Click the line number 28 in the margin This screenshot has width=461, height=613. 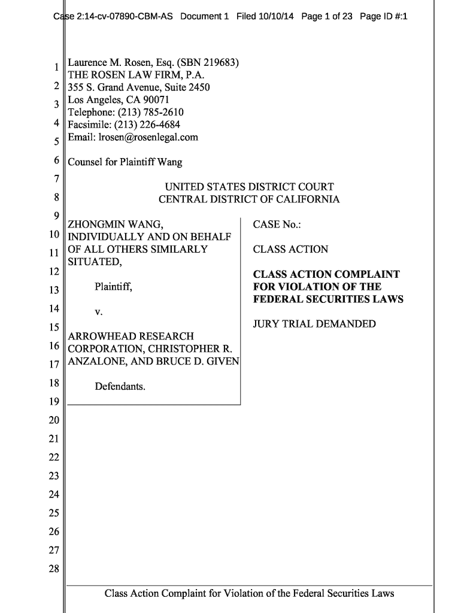click(x=54, y=569)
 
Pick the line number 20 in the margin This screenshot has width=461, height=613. click(x=54, y=420)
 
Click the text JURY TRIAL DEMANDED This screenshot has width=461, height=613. click(x=314, y=324)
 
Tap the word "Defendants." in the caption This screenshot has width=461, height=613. click(x=120, y=387)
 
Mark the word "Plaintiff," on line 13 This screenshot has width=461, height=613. click(x=113, y=287)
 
